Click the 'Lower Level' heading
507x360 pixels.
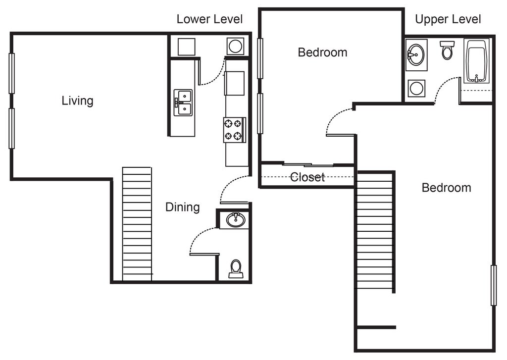tap(209, 19)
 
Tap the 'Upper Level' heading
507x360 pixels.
tap(448, 19)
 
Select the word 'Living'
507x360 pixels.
tap(77, 101)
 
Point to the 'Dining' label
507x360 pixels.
tap(182, 207)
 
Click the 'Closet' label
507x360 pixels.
tap(307, 177)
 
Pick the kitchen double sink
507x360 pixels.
tap(183, 103)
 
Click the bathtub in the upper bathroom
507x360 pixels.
tap(477, 62)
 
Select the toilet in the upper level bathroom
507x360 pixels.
tap(447, 50)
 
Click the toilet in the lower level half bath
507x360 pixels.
tap(236, 268)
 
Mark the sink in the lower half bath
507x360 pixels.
tap(235, 219)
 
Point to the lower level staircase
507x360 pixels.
tap(137, 224)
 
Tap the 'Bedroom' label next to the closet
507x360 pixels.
tap(322, 52)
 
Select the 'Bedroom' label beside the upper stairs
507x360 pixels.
tap(446, 188)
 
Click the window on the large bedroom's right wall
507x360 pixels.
tap(493, 285)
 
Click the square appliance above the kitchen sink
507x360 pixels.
tap(186, 47)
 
